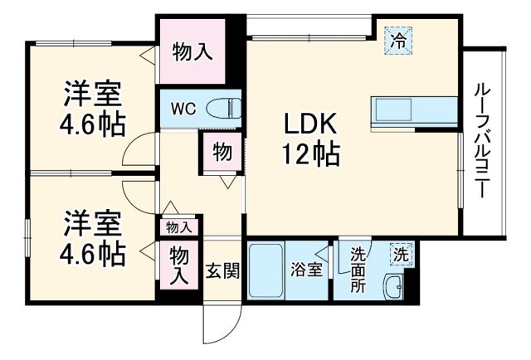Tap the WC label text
[183, 108]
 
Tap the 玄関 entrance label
[222, 271]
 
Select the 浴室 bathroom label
[306, 270]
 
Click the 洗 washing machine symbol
[401, 252]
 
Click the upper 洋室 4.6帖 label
[92, 108]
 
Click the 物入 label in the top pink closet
[192, 51]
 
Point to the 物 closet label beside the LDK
[222, 153]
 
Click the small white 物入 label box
[178, 226]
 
